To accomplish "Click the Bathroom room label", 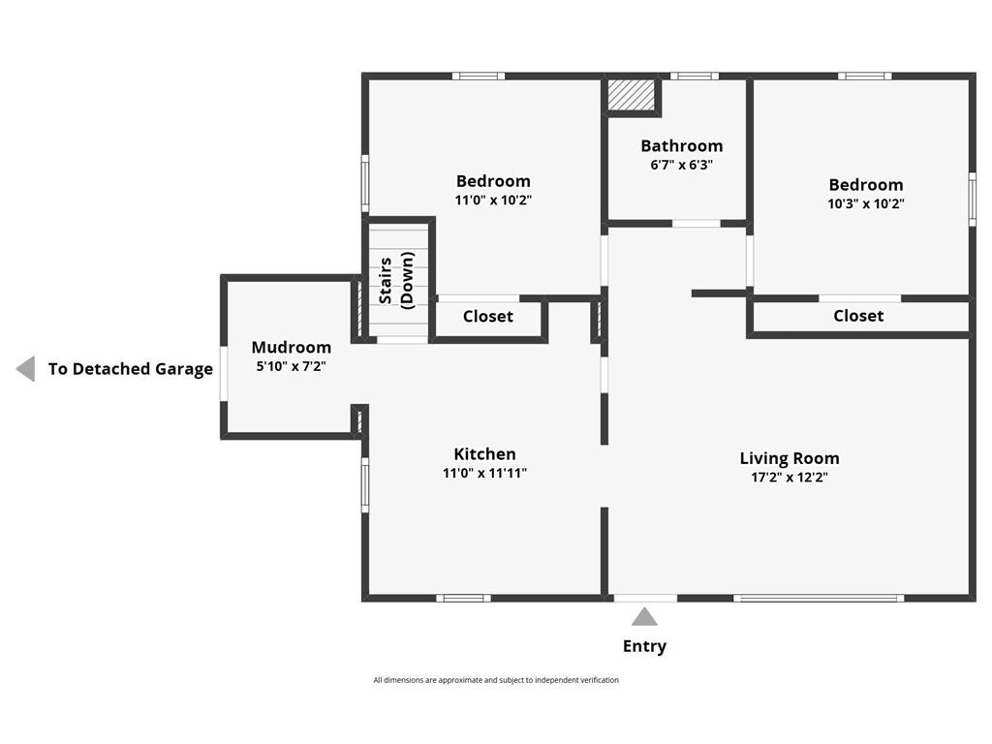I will [681, 146].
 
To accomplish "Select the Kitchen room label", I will [484, 453].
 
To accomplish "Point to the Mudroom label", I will [291, 347].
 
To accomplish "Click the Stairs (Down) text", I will [397, 279].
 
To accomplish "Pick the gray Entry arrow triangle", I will [644, 617].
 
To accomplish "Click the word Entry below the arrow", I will [644, 646].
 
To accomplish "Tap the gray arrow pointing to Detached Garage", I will [26, 369].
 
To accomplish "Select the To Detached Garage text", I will [130, 369].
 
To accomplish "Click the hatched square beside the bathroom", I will [631, 96].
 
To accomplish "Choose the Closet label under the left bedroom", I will [487, 317].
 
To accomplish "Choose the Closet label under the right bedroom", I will [858, 316].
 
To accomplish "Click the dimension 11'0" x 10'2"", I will [493, 201].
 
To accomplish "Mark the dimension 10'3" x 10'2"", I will [865, 203].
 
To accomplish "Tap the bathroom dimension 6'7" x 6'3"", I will [681, 165].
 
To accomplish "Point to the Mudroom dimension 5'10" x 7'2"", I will [291, 366].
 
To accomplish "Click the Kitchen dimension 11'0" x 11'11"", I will [484, 473].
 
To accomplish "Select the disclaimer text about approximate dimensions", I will [496, 680].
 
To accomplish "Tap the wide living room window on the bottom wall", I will [819, 598].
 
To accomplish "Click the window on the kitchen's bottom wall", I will [463, 598].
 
